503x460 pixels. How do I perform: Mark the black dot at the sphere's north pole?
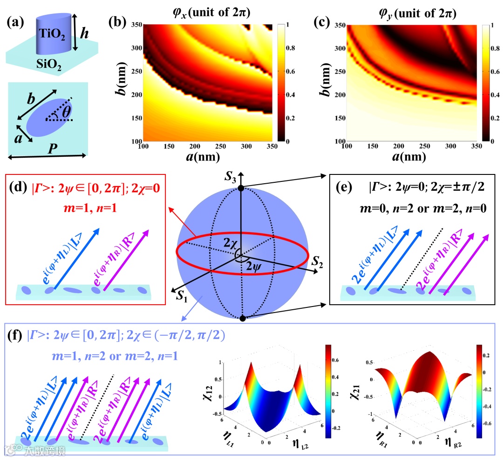[241, 188]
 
